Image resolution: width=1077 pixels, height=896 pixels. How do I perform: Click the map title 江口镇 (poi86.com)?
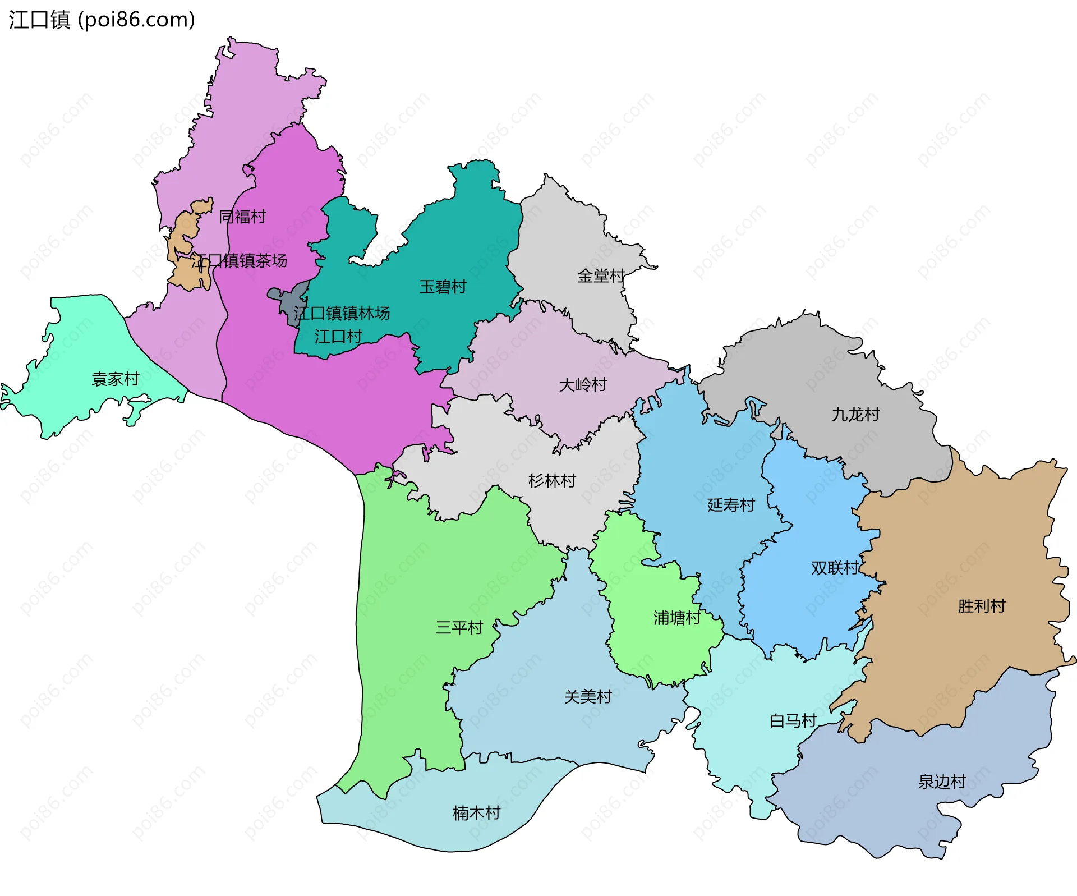(102, 20)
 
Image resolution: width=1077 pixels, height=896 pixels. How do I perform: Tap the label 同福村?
(242, 217)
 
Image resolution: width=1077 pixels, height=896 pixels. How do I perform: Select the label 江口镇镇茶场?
(240, 260)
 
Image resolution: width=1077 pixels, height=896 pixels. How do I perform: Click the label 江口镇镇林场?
(342, 313)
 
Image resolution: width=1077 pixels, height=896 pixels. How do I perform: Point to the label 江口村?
(338, 337)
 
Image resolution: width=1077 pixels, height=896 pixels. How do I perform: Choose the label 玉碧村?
(443, 287)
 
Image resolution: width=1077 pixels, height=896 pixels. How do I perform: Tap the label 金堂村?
(601, 276)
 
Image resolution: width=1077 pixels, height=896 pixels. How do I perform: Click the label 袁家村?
(115, 379)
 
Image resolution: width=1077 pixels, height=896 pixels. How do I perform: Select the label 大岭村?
(583, 385)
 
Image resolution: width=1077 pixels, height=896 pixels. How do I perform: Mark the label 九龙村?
(855, 415)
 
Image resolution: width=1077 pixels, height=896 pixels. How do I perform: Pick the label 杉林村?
(552, 481)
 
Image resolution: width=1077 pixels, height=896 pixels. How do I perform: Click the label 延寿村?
(730, 505)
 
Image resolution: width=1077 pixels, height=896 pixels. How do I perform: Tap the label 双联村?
(835, 568)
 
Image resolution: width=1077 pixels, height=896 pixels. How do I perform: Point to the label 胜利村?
(981, 606)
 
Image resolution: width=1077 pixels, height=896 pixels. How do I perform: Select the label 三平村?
(459, 627)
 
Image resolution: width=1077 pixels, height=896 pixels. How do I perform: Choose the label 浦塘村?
(676, 618)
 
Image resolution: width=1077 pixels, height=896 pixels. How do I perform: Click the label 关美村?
(587, 696)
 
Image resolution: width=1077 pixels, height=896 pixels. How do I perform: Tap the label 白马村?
(792, 720)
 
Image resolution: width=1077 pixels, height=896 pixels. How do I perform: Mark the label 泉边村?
(941, 782)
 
